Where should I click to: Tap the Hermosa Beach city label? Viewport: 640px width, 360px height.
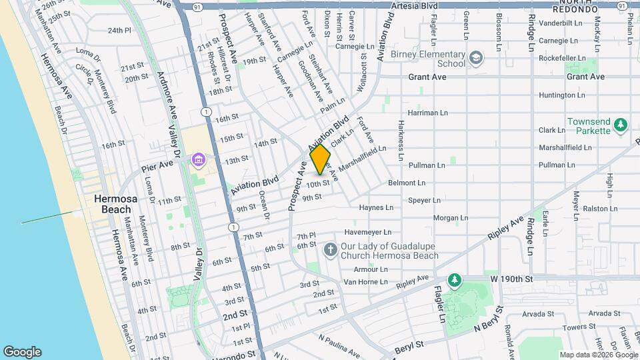[x=112, y=204]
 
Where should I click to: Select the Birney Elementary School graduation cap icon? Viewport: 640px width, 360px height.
[x=475, y=59]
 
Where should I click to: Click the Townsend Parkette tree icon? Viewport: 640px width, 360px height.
[x=621, y=125]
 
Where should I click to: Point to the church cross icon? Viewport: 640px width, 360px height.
[x=330, y=250]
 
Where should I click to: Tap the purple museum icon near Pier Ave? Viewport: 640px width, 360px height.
[x=198, y=160]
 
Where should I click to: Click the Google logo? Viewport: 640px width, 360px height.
[x=22, y=352]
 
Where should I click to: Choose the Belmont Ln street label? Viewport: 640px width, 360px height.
[x=407, y=182]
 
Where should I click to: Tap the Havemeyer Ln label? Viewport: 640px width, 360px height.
[x=366, y=232]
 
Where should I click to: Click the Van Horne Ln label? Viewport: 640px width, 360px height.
[x=365, y=282]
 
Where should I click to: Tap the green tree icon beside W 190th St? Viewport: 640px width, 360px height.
[x=455, y=279]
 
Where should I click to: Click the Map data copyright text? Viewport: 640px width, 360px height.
[x=597, y=355]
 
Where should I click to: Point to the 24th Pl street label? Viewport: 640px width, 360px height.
[x=119, y=30]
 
